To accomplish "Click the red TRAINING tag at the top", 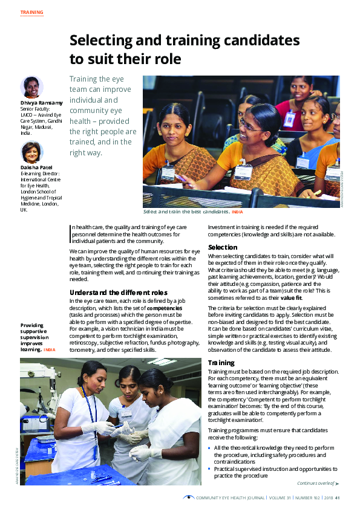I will pos(31,12).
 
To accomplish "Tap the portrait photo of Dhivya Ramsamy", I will pos(31,87).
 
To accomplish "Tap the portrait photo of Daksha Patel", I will pos(31,152).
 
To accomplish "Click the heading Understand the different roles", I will pos(114,293).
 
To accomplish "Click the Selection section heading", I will pos(223,248).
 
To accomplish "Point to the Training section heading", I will pos(221,363).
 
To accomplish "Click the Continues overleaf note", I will pos(315,484).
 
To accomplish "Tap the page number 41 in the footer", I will pos(337,498).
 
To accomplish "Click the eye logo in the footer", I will pos(189,498).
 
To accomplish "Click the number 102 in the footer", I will pos(313,498).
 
